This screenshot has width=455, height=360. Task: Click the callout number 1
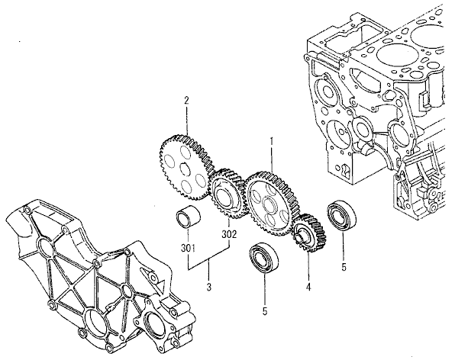coord(270,141)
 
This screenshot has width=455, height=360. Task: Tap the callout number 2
coord(186,100)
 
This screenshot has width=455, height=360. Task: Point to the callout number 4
coord(308,288)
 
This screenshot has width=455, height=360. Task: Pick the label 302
coord(229,234)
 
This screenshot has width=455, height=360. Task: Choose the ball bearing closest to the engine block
coord(340,214)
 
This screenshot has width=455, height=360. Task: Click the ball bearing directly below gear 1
coord(266,258)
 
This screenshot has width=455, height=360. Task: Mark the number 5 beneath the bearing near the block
coord(344,268)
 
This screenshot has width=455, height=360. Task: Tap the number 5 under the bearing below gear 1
coord(265,311)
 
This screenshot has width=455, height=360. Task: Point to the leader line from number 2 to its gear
coord(186,119)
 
